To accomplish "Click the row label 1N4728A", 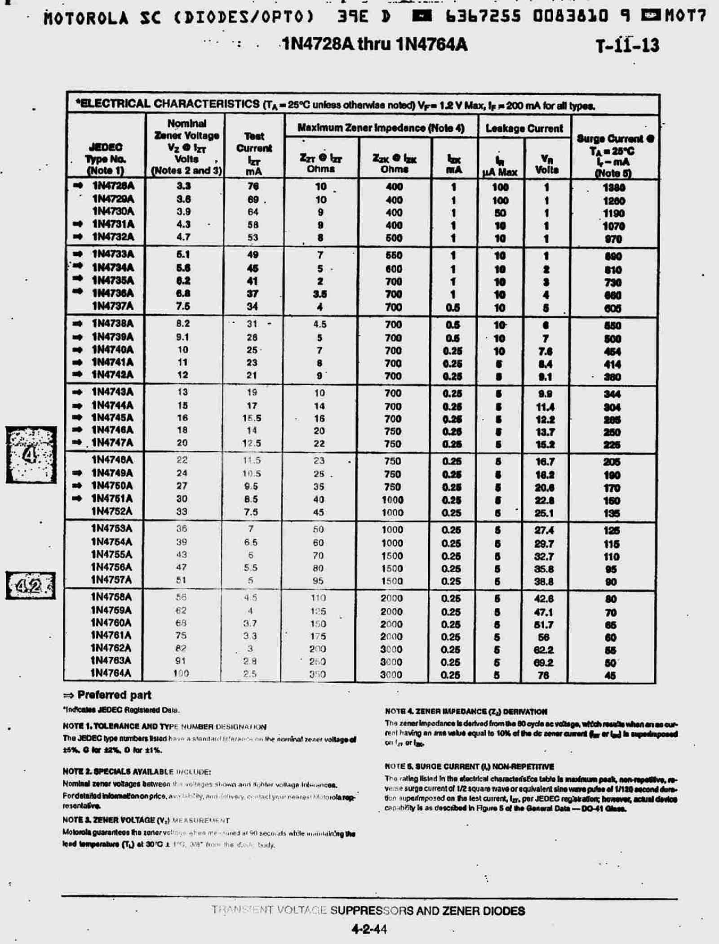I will coord(113,186).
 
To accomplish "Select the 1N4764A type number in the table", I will coord(111,673).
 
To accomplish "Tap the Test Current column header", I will coord(254,153).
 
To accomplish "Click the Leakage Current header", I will coord(524,129).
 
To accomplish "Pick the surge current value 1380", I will coord(613,187).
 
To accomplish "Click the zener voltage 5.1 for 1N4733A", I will coord(183,254).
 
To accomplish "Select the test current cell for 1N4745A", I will coord(252,418).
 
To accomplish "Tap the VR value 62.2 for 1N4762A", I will coord(543,649).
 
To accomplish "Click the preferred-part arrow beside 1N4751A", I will coord(77,498).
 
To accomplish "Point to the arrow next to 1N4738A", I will coord(77,323).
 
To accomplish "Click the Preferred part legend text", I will coord(114,695).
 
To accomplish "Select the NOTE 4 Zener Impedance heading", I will coord(466,712).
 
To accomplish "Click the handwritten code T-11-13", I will coord(627,45).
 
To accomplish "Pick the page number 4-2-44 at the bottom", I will coord(369,929).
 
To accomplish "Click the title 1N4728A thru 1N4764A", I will coord(375,45).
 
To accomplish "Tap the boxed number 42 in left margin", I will coord(30,586).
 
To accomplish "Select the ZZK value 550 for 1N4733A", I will coord(393,255).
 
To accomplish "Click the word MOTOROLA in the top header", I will coord(86,18).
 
